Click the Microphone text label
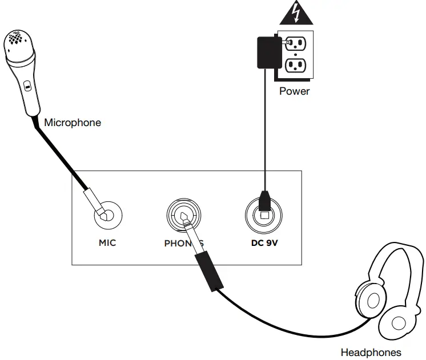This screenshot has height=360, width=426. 73,122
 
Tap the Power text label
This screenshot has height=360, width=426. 294,91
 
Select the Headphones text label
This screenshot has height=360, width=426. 371,352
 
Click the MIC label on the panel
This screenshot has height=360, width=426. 107,242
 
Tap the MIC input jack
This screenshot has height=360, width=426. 107,215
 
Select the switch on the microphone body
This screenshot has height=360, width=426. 26,87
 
